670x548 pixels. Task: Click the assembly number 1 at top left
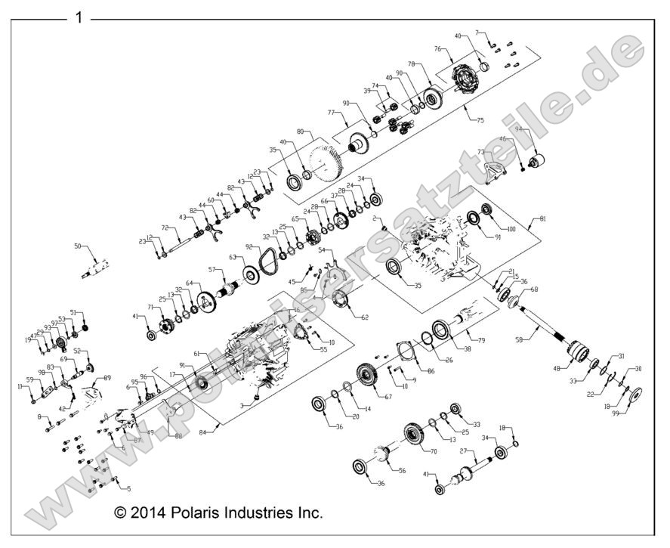point(79,17)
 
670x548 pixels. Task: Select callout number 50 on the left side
point(77,246)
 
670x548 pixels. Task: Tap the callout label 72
point(165,227)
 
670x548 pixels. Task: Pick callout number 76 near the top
point(437,49)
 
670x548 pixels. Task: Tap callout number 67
point(388,396)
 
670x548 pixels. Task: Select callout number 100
point(511,228)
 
